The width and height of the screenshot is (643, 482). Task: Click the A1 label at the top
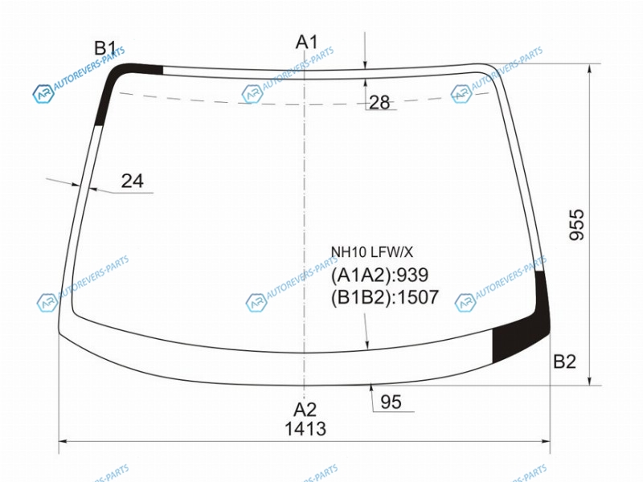point(307,42)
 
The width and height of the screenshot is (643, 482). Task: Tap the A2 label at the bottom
point(305,410)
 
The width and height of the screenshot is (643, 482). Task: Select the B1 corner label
point(105,48)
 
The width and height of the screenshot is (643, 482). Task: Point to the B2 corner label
point(565,361)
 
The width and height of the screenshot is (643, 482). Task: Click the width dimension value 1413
point(305,429)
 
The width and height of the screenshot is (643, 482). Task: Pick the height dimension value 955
point(577,225)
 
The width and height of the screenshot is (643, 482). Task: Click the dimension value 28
point(379,103)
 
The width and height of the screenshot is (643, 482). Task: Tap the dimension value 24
point(133,181)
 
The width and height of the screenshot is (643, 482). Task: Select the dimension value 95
point(391,402)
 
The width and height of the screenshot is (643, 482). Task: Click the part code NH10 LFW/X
point(372,252)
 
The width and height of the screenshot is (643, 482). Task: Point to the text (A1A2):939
point(379,275)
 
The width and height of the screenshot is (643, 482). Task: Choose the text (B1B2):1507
point(385,297)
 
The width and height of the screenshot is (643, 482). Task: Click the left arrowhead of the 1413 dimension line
point(63,441)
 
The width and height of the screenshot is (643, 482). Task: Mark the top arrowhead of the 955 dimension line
point(590,69)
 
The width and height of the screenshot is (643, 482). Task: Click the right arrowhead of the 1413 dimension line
point(546,441)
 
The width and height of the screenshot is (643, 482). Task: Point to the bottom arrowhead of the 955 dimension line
point(590,381)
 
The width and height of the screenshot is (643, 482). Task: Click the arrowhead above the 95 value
point(371,387)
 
